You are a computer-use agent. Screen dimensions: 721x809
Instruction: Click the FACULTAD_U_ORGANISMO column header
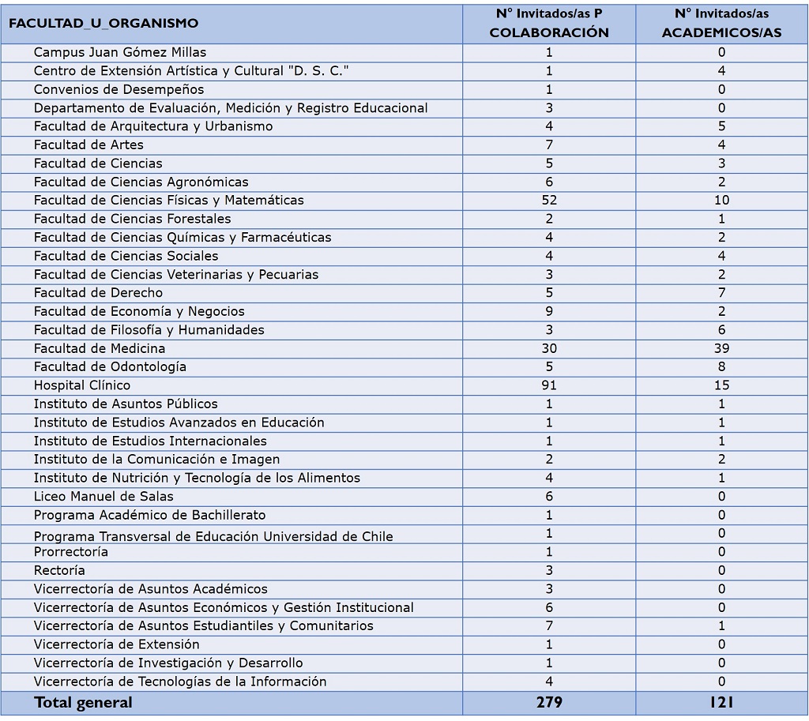pyautogui.click(x=103, y=24)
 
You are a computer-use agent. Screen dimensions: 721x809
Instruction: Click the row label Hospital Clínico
pyautogui.click(x=82, y=385)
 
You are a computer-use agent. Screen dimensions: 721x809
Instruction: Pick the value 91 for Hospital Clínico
pyautogui.click(x=549, y=385)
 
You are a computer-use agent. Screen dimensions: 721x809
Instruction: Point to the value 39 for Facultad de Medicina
pyautogui.click(x=721, y=348)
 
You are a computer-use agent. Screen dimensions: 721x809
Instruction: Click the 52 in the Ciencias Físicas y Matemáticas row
pyautogui.click(x=549, y=201)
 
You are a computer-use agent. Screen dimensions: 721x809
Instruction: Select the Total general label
pyautogui.click(x=83, y=702)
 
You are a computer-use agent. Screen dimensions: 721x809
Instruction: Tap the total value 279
pyautogui.click(x=549, y=702)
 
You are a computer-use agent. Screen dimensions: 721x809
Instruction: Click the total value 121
pyautogui.click(x=721, y=702)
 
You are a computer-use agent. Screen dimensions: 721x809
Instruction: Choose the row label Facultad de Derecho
pyautogui.click(x=98, y=293)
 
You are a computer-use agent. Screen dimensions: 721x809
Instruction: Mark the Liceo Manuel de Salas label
pyautogui.click(x=103, y=497)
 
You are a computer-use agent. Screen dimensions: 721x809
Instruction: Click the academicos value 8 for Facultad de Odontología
pyautogui.click(x=721, y=367)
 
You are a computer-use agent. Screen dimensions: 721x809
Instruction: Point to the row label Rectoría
pyautogui.click(x=59, y=570)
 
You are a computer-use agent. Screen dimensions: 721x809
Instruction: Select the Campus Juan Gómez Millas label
pyautogui.click(x=120, y=53)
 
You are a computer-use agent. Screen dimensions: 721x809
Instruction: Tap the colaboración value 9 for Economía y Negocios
pyautogui.click(x=549, y=311)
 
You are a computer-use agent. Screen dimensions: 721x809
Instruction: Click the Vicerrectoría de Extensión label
pyautogui.click(x=116, y=644)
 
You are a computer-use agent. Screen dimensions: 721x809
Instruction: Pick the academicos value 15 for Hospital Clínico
pyautogui.click(x=721, y=385)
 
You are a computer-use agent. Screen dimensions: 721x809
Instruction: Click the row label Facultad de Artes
pyautogui.click(x=88, y=145)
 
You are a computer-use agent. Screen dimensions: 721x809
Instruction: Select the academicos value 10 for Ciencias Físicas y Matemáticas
pyautogui.click(x=721, y=201)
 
